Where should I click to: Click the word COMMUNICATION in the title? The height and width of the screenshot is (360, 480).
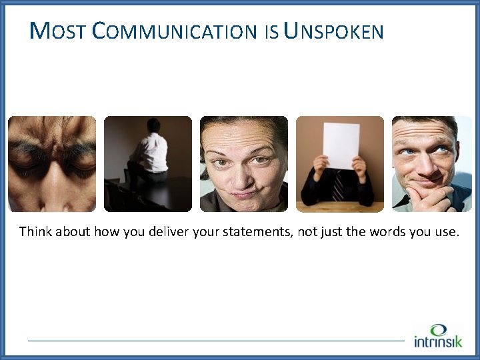(174, 31)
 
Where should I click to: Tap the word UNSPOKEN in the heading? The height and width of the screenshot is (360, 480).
(333, 31)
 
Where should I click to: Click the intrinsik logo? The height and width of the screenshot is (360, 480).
(437, 336)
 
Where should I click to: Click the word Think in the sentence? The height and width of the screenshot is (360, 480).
(35, 232)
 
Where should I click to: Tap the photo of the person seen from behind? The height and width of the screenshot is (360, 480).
(148, 164)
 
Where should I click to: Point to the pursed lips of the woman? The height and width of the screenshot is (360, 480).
(245, 193)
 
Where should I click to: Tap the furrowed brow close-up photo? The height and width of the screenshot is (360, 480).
(52, 164)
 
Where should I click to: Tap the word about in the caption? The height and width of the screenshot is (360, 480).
(73, 232)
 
